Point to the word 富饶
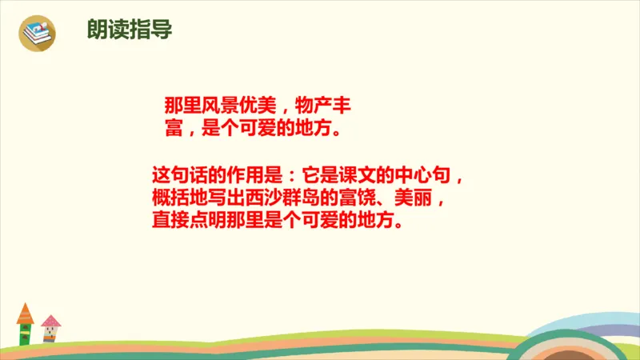point(360,197)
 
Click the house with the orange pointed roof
point(26,323)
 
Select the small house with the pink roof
point(51,327)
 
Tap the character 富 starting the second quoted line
point(174,128)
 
